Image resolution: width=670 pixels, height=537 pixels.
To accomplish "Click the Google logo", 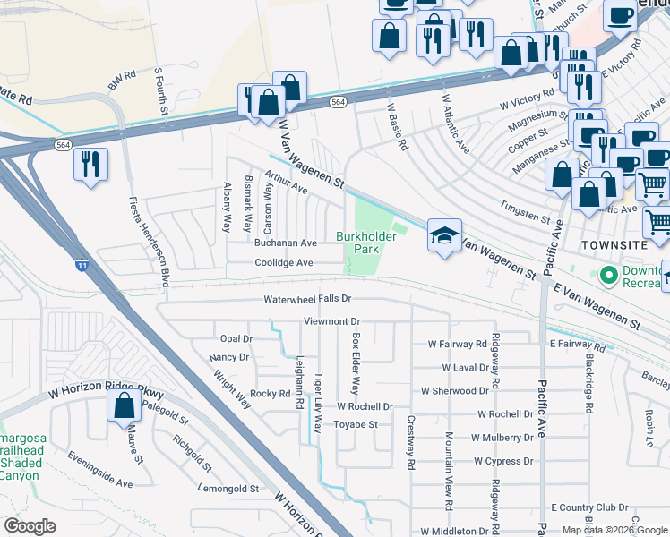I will pos(30,526).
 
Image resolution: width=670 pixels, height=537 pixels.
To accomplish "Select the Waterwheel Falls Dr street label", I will pos(306,299).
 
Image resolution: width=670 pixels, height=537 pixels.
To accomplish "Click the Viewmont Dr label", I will pos(331,321).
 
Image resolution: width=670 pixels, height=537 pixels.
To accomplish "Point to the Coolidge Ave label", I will pos(284,263).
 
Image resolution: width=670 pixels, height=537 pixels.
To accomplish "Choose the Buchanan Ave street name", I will pos(286,243).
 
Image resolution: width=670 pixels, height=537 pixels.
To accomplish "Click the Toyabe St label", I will pos(356,425).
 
